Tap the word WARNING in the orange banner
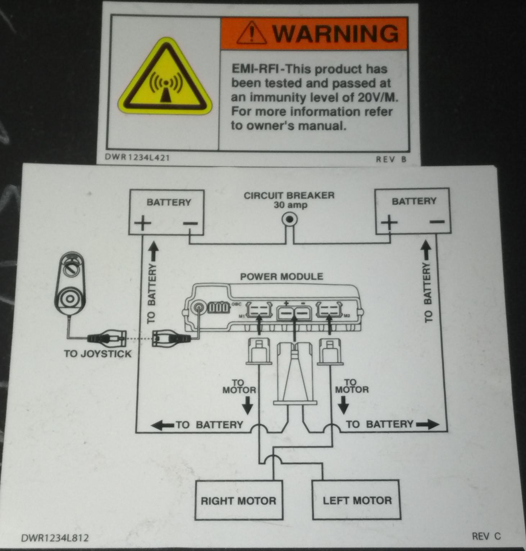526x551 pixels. [335, 33]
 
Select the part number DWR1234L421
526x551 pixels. [137, 158]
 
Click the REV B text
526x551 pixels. [391, 159]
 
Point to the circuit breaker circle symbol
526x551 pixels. [290, 219]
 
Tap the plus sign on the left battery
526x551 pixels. [143, 224]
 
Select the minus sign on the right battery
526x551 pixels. [437, 222]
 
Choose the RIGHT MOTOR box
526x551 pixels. [238, 501]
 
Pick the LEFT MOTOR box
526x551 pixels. [357, 500]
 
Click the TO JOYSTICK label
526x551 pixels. [98, 354]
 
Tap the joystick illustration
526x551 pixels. [71, 286]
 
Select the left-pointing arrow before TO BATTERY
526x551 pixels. [163, 425]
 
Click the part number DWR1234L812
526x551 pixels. [55, 538]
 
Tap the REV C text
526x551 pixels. [486, 536]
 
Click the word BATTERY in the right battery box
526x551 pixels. [414, 201]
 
